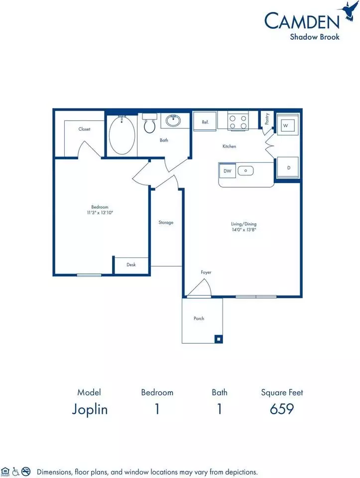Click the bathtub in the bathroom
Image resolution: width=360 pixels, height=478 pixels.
pyautogui.click(x=122, y=135)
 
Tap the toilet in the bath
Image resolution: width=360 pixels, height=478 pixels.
pyautogui.click(x=149, y=123)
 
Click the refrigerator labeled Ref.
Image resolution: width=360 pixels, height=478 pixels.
pyautogui.click(x=205, y=121)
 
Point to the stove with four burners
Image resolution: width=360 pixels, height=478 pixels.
pyautogui.click(x=238, y=121)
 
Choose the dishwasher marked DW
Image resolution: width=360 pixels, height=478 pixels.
pyautogui.click(x=228, y=171)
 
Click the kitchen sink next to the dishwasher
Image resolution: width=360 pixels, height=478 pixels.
pyautogui.click(x=245, y=171)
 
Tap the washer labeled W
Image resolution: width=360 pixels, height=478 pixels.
pyautogui.click(x=286, y=125)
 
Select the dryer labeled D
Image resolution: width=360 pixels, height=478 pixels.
pyautogui.click(x=288, y=168)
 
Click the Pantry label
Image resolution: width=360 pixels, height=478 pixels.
pyautogui.click(x=267, y=119)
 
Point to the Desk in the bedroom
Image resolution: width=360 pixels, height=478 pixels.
pyautogui.click(x=131, y=264)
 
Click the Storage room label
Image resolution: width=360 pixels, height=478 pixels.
pyautogui.click(x=166, y=223)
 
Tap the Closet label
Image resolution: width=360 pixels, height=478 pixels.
pyautogui.click(x=84, y=129)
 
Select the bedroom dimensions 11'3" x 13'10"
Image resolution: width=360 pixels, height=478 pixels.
pyautogui.click(x=100, y=213)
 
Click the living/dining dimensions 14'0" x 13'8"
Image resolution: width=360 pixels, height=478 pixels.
pyautogui.click(x=244, y=230)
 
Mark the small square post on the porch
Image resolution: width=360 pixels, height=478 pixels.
pyautogui.click(x=218, y=339)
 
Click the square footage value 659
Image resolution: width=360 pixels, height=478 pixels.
pyautogui.click(x=282, y=409)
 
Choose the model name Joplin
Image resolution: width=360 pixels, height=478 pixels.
pyautogui.click(x=90, y=409)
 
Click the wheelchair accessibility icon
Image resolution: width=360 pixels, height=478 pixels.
pyautogui.click(x=15, y=472)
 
